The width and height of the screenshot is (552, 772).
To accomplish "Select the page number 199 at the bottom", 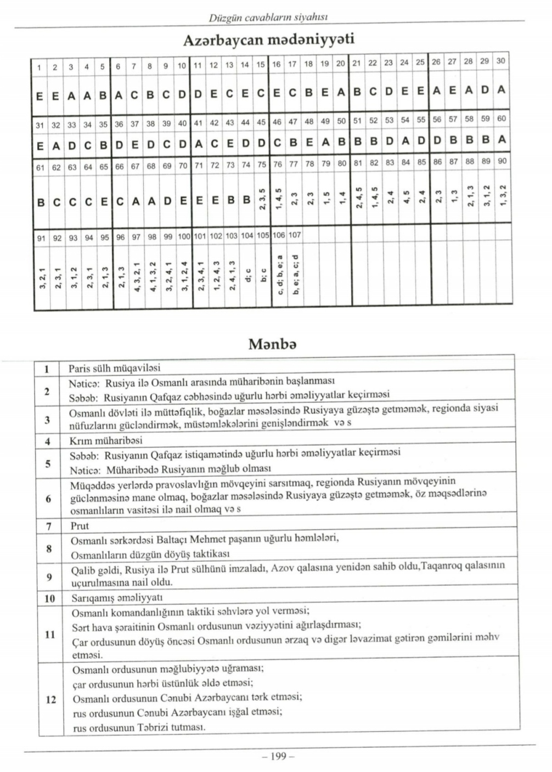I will tap(278, 756).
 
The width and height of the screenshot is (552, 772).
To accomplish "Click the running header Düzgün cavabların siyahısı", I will tap(268, 18).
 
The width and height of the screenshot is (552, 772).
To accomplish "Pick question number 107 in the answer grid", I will tap(295, 235).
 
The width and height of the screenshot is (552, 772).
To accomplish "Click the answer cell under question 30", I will tap(501, 89).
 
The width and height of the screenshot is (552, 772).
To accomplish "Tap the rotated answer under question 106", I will tap(279, 274).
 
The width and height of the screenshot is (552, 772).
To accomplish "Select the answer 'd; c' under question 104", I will tap(247, 274).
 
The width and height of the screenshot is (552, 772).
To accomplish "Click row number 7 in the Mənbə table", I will tap(49, 526).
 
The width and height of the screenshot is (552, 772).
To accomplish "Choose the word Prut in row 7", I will tap(80, 526).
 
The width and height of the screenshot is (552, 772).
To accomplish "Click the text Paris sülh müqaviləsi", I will tap(114, 368).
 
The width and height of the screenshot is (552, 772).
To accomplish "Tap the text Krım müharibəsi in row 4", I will tap(105, 441).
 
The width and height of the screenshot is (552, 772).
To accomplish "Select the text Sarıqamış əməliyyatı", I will tap(117, 597).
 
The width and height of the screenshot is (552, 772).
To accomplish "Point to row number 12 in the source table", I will tap(50, 699).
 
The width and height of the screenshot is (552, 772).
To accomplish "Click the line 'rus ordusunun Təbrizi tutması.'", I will tap(139, 728).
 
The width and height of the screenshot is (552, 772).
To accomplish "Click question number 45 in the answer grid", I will tap(261, 122).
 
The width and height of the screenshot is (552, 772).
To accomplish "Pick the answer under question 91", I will tap(41, 274).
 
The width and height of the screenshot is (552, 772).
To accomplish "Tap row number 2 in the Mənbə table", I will tap(47, 391).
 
